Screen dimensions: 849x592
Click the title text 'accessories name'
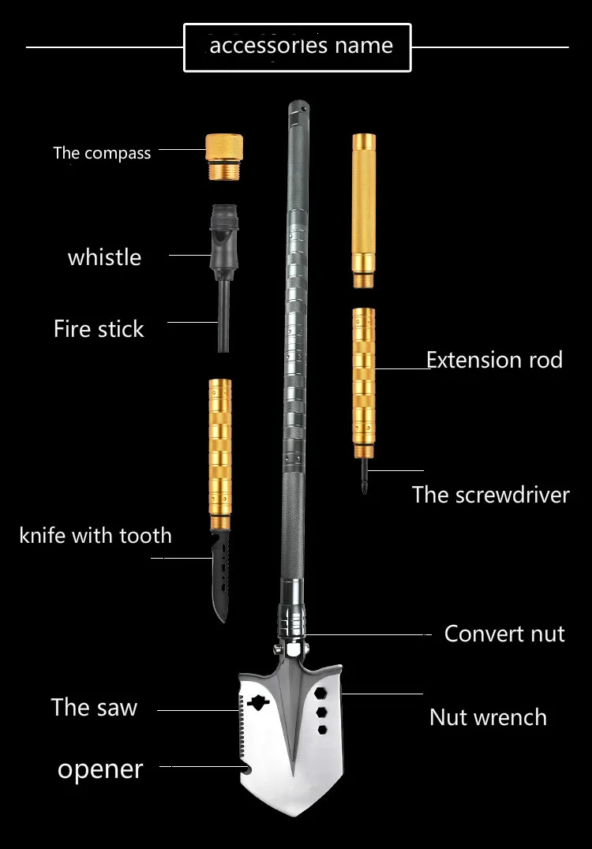301,47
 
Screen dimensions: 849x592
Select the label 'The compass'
102,152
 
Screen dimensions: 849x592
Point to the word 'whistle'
104,257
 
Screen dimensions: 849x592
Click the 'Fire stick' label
99,329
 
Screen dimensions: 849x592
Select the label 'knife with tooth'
96,536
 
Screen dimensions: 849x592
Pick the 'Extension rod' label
494,361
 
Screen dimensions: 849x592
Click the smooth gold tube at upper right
363,211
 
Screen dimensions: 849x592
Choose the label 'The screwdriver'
490,495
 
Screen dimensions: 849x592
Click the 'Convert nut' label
504,634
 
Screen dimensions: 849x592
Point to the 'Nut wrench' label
488,717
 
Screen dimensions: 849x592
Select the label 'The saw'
94,707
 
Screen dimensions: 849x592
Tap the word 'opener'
100,769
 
